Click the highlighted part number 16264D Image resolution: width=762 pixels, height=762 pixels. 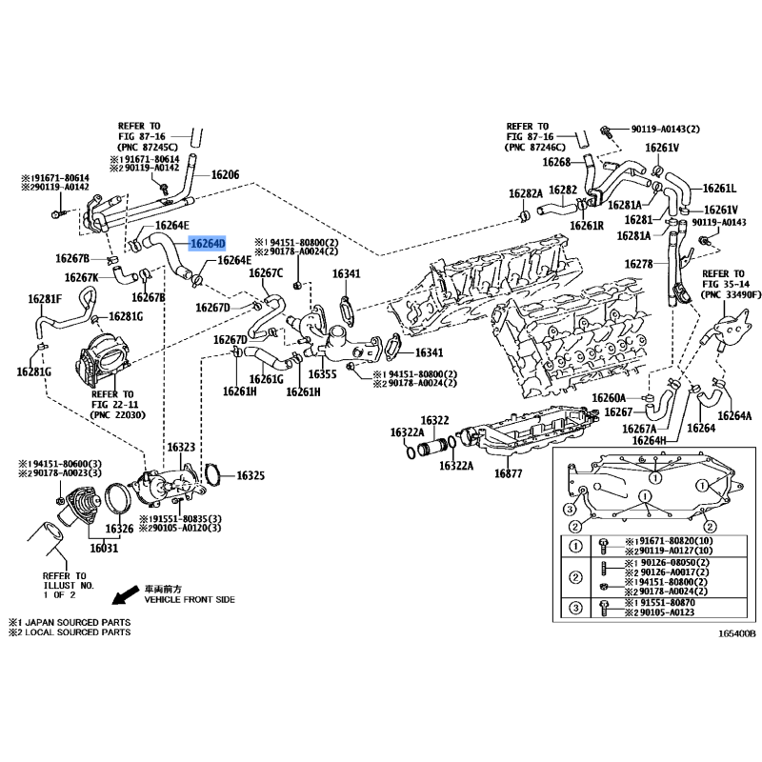coord(208,244)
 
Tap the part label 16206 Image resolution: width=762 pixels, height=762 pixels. coord(225,175)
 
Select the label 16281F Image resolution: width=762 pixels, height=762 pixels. coord(44,299)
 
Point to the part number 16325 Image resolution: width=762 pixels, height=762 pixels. coord(251,474)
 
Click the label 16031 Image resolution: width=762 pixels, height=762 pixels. coord(104,548)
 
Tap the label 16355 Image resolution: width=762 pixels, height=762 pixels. coord(322,374)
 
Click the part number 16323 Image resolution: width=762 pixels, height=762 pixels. coord(181,447)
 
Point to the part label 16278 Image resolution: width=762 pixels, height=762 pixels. coord(638,263)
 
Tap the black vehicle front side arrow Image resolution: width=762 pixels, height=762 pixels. coord(123,597)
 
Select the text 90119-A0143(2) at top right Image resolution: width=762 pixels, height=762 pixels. coord(665,129)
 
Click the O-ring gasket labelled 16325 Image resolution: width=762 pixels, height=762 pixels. coord(214,473)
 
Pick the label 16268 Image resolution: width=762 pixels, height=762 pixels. coord(556,162)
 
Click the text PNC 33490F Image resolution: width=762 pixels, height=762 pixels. coord(731,295)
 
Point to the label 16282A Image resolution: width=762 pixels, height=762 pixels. coord(525,193)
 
